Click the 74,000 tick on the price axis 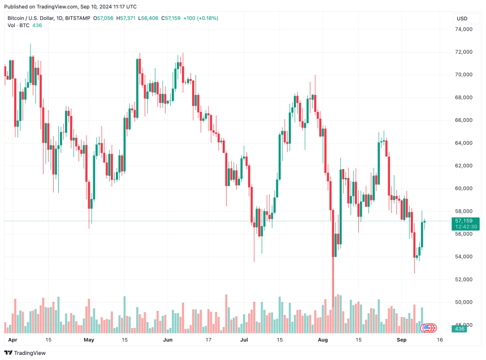point(464,29)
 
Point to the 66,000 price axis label point(464,120)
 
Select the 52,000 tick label point(464,279)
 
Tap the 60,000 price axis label point(464,188)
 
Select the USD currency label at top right point(462,18)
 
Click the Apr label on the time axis point(13,340)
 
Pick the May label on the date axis point(89,340)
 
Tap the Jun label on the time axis point(168,340)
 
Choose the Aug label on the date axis point(323,340)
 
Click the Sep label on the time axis point(401,340)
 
